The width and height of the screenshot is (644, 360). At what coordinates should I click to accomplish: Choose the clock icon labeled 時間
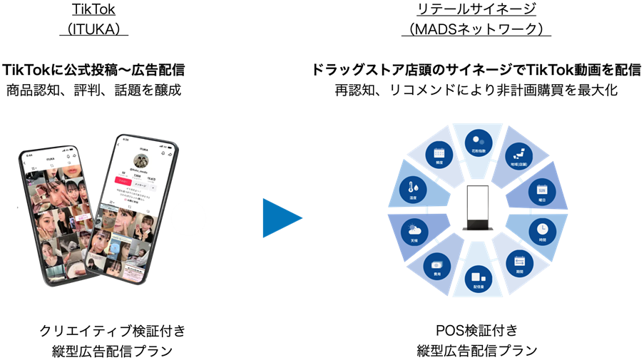point(542,229)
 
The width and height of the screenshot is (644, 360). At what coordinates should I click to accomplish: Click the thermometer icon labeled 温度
point(414,190)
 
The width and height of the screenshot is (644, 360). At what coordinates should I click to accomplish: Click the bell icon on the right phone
point(163,152)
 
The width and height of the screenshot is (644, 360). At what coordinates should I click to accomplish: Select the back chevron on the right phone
point(118,149)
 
